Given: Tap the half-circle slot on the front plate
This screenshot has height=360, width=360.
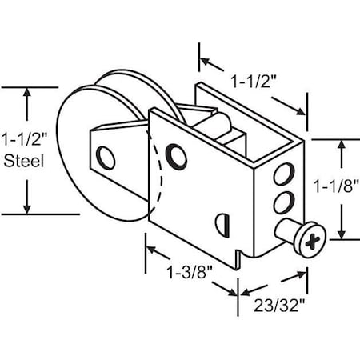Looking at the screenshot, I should coord(223,221).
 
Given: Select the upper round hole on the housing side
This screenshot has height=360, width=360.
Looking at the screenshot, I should coord(282,174).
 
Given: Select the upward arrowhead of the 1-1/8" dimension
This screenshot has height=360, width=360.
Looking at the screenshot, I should coord(343,146).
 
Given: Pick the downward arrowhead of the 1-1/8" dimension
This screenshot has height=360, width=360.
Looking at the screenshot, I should coord(343,233).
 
